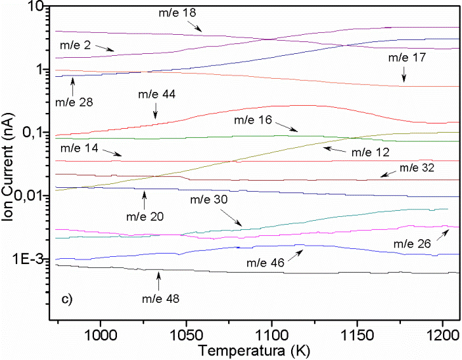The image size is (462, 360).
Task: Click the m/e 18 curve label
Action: (x=177, y=12)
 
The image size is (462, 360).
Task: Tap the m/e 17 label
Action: (x=407, y=58)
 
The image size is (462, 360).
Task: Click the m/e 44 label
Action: (x=156, y=94)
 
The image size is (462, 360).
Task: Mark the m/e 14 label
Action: (x=80, y=149)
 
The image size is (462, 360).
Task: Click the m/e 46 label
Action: (x=266, y=263)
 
